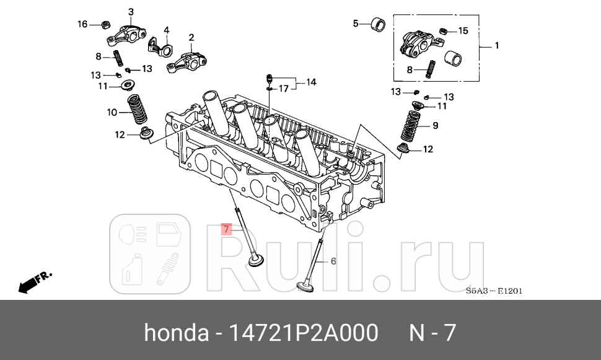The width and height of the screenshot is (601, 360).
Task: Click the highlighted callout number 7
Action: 227,229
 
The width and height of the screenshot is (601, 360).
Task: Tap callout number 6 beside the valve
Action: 333,261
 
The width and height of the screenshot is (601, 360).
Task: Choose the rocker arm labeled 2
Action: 188,61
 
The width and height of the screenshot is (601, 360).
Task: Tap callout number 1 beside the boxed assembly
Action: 496,45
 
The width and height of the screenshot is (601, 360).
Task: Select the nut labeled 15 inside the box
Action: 443,31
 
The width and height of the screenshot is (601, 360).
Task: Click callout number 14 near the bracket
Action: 310,82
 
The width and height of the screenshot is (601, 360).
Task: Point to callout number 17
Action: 283,89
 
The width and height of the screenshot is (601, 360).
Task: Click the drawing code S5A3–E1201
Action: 493,291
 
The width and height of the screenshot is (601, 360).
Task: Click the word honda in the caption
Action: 176,333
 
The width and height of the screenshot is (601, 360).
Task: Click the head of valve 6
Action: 304,286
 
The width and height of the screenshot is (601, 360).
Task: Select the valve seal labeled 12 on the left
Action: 147,133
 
